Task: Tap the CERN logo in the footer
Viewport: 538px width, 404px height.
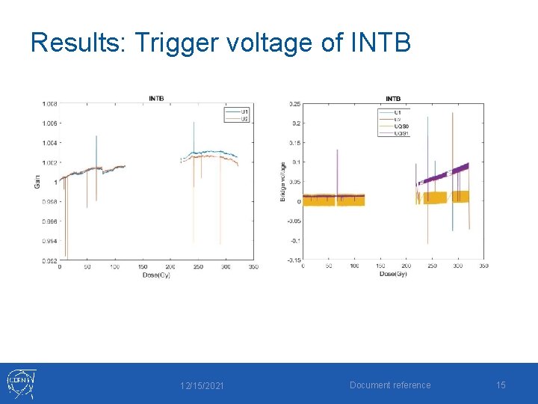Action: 20,384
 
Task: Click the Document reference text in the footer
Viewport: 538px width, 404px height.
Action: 390,385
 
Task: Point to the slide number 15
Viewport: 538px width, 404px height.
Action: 501,385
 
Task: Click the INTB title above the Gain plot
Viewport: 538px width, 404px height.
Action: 157,98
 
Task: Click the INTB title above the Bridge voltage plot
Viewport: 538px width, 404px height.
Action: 393,98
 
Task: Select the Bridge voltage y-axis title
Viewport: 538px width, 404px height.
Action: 282,181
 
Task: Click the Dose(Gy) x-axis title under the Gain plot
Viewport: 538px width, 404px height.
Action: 158,275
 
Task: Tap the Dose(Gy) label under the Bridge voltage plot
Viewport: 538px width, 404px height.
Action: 393,274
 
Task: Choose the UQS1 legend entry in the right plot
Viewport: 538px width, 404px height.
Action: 402,132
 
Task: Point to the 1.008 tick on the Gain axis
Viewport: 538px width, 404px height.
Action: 49,103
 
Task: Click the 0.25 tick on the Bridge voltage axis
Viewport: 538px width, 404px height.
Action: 295,104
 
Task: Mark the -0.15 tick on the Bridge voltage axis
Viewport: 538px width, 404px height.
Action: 294,260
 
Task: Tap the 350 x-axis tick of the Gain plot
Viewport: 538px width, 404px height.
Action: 253,267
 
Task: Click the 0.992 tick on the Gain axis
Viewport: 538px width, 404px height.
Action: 49,260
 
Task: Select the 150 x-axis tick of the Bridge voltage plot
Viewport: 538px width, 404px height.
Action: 380,266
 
